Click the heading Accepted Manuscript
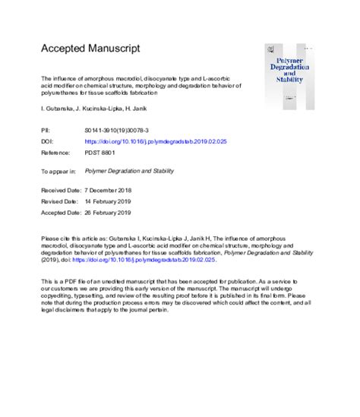coord(90,48)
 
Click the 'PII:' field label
coord(46,131)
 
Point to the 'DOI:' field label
coord(46,141)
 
